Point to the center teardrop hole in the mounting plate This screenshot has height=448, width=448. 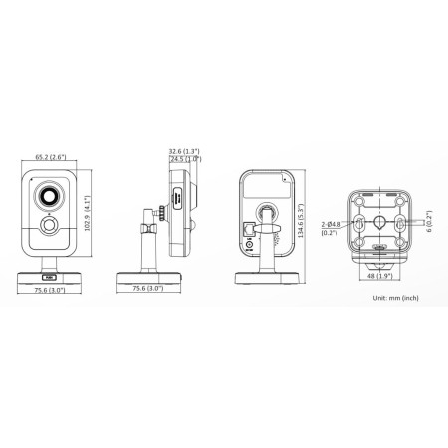pyautogui.click(x=379, y=221)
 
